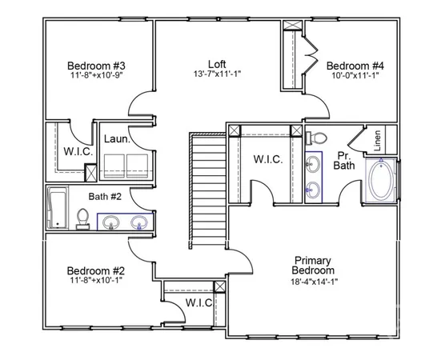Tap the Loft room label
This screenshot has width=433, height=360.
[217, 64]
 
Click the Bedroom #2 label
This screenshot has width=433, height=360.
[94, 270]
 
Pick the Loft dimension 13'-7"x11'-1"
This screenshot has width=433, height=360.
[217, 75]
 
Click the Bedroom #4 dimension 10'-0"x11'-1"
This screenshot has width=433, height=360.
[356, 76]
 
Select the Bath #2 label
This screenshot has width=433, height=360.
[105, 194]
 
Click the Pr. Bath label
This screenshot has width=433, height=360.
[344, 160]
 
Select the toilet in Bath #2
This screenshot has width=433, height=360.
[82, 218]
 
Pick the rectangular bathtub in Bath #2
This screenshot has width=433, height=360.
[57, 208]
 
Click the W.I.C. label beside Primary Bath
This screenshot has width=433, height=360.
[268, 159]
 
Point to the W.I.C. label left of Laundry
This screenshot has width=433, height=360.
[78, 151]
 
